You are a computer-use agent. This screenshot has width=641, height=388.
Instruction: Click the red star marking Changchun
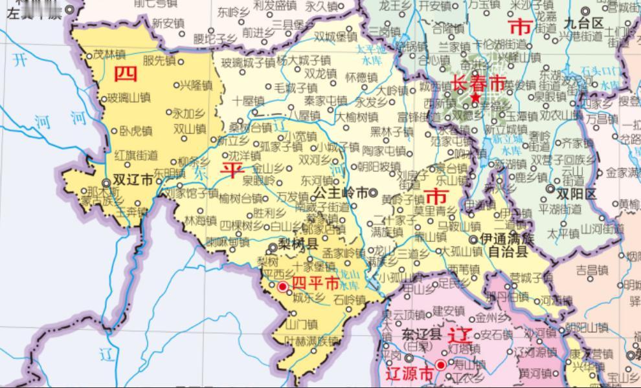476,98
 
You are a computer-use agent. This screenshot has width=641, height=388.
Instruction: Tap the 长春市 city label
478,83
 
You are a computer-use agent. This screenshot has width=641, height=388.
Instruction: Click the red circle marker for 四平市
283,286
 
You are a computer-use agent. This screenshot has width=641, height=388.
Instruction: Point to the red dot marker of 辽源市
441,365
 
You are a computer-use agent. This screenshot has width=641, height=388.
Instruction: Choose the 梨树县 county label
298,244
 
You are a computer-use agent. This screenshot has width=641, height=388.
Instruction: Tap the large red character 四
126,74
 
